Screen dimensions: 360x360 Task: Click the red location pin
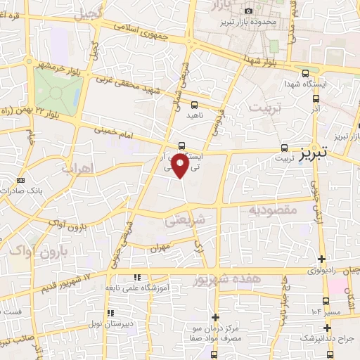[x=181, y=165]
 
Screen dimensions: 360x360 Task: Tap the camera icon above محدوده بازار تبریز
[x=248, y=11]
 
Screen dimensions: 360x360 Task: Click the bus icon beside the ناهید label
[x=194, y=104]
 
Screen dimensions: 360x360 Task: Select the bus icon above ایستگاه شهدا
[x=304, y=72]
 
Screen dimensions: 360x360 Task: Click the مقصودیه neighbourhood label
[x=275, y=210]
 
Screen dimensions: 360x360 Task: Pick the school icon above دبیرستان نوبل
[x=110, y=314]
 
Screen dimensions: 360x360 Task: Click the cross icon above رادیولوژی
[x=322, y=259]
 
